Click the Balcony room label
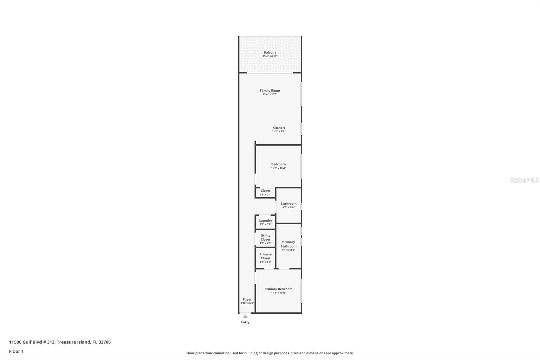(270, 52)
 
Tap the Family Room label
(270, 91)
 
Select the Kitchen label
(278, 128)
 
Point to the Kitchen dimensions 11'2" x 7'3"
(278, 131)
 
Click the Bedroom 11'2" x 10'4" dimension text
(278, 168)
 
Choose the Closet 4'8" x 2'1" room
(265, 192)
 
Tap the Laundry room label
(265, 221)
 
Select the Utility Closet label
(265, 237)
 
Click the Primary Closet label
(265, 256)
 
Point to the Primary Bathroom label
(289, 244)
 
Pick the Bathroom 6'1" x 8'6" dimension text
(288, 207)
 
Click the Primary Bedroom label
(278, 289)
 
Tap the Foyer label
(247, 299)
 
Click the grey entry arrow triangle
(245, 317)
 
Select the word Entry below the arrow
(245, 322)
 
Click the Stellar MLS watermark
(524, 180)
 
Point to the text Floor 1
(16, 351)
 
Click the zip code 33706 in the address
(104, 342)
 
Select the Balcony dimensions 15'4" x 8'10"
(270, 56)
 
